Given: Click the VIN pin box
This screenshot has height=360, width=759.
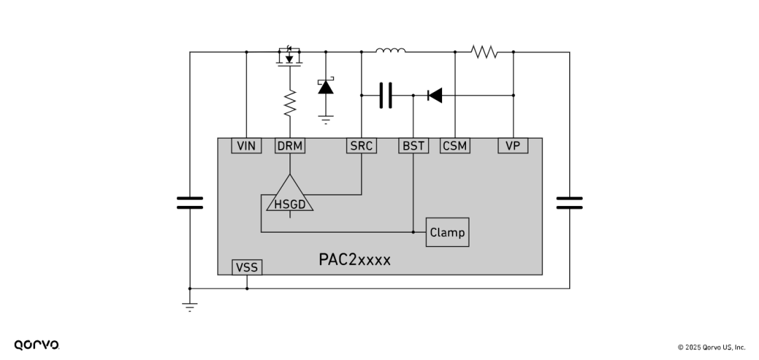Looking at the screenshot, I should tap(246, 146).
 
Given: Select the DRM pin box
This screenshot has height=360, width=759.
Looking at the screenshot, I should tap(290, 146).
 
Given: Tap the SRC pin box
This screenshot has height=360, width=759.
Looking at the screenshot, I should tap(361, 146).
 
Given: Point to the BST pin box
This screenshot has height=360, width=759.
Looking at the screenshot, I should tap(413, 146).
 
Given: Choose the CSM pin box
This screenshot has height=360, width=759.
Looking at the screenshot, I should tap(455, 146).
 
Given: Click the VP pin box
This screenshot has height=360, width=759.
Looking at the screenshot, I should tap(513, 146).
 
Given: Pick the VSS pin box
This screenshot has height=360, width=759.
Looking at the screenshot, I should tap(247, 267).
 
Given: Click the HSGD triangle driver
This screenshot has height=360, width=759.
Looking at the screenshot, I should tap(290, 197).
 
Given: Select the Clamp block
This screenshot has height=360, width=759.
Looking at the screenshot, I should tap(447, 232).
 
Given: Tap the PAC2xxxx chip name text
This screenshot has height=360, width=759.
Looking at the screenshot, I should tap(354, 259).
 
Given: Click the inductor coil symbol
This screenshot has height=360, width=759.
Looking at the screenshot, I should tap(390, 50).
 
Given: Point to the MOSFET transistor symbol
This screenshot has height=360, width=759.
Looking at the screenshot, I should tap(290, 57).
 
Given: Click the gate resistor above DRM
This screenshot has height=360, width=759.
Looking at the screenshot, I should tap(290, 103).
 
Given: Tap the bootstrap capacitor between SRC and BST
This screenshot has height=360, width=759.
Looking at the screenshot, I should tap(385, 95).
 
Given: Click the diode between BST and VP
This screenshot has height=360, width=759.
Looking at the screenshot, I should tap(435, 95).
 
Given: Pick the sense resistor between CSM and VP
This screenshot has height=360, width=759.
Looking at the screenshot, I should tap(484, 51).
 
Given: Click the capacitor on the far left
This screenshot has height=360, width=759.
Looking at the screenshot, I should tap(190, 203).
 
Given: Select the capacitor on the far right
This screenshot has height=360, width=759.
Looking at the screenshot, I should tap(569, 203).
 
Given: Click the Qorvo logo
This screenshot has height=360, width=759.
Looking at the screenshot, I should tap(37, 345).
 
